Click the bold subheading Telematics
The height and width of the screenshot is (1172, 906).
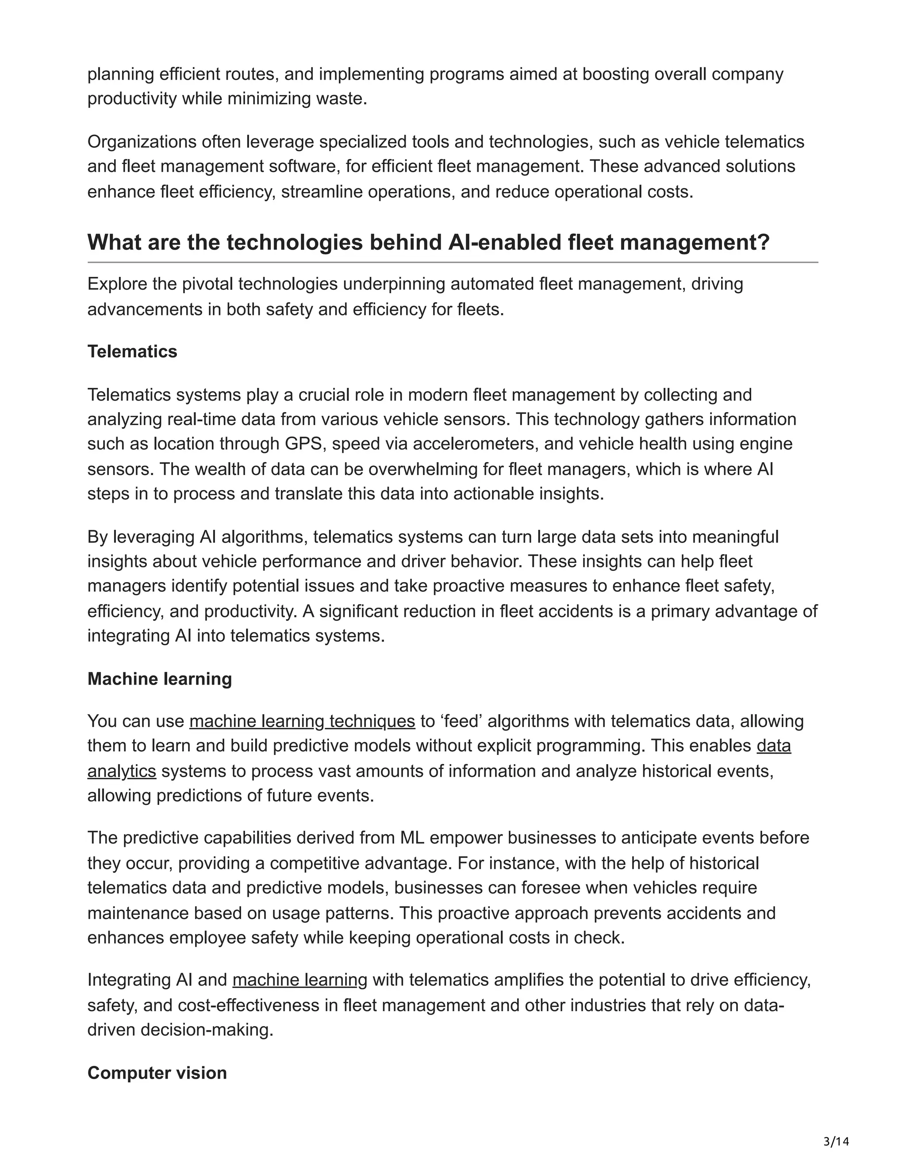pos(132,352)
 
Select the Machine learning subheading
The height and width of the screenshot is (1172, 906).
pos(159,679)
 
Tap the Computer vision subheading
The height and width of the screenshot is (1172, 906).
pos(157,1073)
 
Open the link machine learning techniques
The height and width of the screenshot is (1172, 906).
pos(302,721)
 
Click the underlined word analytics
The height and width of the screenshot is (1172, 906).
pos(122,771)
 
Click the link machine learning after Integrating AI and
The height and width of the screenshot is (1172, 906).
pos(299,980)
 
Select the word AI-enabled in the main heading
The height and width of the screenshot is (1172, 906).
pos(503,242)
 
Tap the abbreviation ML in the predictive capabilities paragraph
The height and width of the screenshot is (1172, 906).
pos(413,838)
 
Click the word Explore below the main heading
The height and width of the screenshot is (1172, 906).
pos(117,284)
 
